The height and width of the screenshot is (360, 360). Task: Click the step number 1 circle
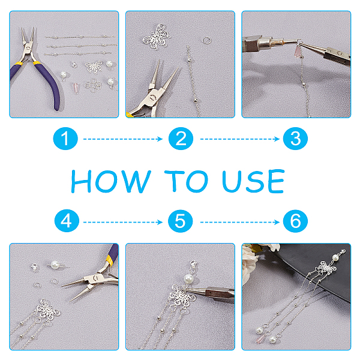pos(65,139)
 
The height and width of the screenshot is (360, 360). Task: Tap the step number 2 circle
pos(181,139)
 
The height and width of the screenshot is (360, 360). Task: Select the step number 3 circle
pos(295,139)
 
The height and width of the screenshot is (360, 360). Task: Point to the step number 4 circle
pos(67,221)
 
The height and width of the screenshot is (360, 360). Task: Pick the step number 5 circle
pos(180,221)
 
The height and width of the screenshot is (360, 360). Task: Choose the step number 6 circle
pos(295,221)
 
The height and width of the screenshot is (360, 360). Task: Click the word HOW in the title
pos(111,181)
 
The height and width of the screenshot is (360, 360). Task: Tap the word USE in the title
pos(253,181)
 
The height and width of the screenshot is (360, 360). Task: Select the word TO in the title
pos(186,181)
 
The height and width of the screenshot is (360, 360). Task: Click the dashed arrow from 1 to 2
pos(123,139)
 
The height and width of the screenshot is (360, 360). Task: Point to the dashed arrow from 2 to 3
pos(240,139)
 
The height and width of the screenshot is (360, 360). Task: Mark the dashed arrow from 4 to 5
pos(123,222)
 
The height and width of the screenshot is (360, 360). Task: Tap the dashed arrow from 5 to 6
pos(240,222)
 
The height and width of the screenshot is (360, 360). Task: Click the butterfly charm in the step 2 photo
pos(157,37)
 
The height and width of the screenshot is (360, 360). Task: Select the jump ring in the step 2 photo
pos(207,41)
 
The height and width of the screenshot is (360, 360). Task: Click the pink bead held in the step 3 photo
pos(298,52)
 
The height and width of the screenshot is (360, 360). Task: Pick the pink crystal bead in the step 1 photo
pos(76,88)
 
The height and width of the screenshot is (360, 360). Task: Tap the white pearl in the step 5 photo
pos(189,279)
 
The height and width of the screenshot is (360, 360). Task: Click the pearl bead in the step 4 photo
pos(55,265)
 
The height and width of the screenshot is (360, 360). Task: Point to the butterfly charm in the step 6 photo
pos(325,268)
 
